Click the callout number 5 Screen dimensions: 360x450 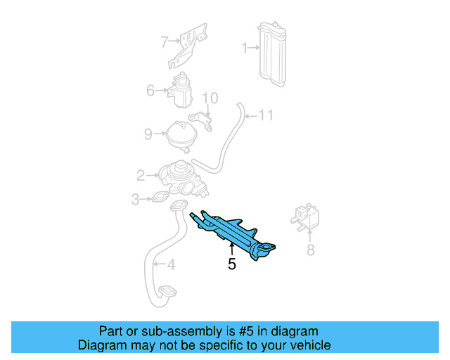[231, 265]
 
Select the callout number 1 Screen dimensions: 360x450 [245, 49]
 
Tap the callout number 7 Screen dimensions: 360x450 [165, 41]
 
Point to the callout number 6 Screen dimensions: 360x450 [150, 90]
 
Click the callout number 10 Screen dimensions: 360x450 [210, 98]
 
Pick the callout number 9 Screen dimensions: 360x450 [148, 133]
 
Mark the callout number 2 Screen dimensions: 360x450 [141, 175]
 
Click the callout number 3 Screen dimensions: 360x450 [136, 200]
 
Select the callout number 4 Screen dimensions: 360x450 [171, 265]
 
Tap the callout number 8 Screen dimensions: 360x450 [310, 250]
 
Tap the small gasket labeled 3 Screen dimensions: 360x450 [160, 199]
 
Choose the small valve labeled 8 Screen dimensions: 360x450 [306, 215]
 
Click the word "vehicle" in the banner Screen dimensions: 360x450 [309, 345]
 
